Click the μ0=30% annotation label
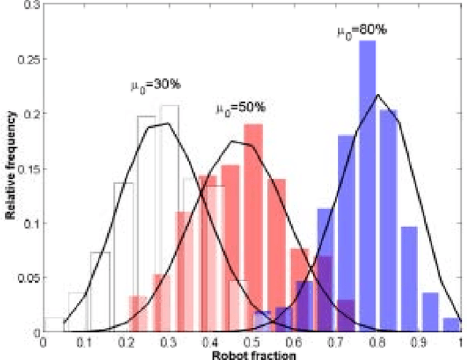[x=153, y=85]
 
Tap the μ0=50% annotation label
[x=240, y=109]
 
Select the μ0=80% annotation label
[x=362, y=31]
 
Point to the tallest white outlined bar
[x=169, y=219]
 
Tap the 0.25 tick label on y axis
[x=29, y=59]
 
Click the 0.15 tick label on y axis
[x=29, y=169]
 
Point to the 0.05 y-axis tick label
[x=29, y=277]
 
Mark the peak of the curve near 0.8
[x=377, y=95]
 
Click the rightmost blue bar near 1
[x=452, y=325]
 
